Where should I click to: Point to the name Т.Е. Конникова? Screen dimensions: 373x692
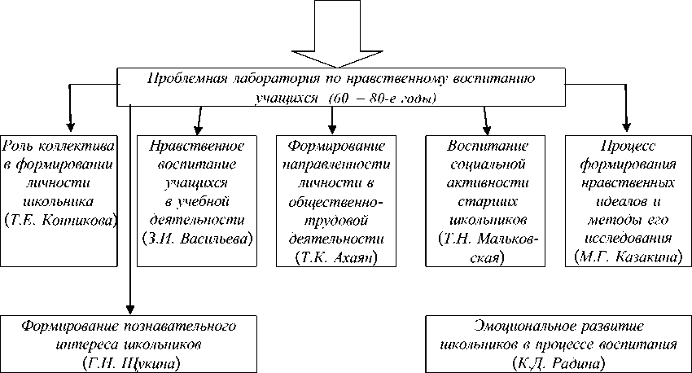point(60,220)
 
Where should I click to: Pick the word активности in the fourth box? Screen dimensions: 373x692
point(488,183)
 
